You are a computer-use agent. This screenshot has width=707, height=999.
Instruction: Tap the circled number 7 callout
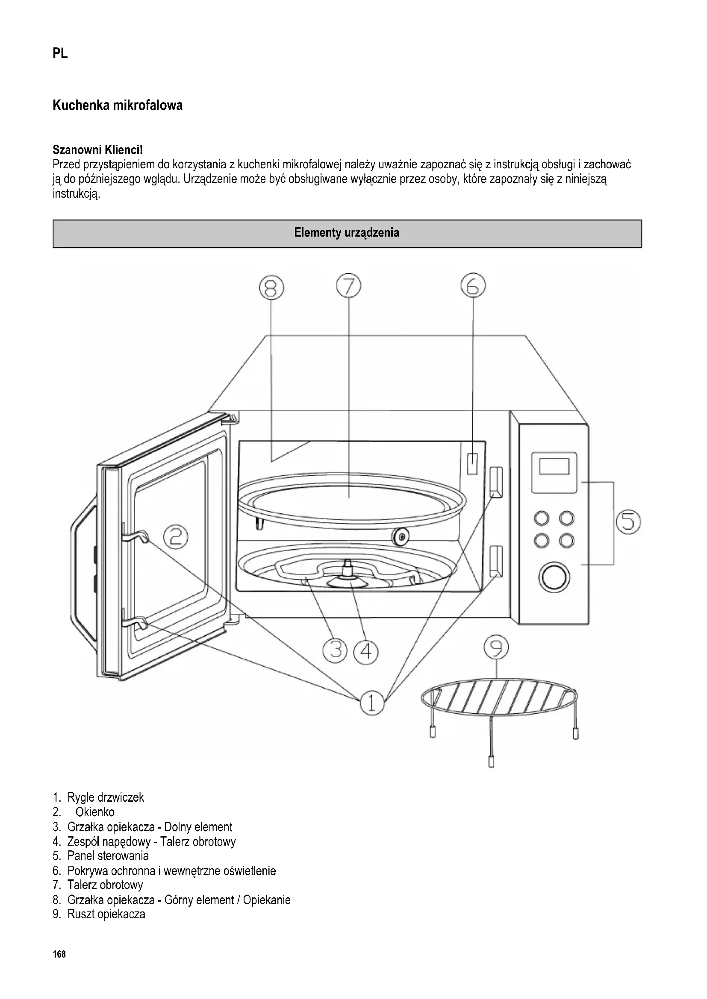click(x=349, y=287)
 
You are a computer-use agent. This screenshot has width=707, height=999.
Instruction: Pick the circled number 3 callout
click(x=335, y=651)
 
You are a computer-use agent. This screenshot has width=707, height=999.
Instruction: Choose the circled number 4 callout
click(x=366, y=651)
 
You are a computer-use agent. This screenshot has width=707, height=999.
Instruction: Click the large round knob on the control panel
click(x=554, y=577)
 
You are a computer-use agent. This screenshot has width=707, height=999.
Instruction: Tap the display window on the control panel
click(x=554, y=466)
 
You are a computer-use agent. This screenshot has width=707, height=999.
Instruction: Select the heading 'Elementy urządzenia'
click(x=347, y=233)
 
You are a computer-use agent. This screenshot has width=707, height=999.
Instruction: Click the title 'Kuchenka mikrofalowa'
click(x=118, y=105)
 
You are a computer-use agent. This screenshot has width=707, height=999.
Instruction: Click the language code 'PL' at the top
click(x=60, y=54)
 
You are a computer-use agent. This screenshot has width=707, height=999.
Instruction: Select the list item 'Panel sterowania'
click(x=108, y=856)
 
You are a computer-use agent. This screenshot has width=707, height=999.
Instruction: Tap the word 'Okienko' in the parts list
click(x=95, y=812)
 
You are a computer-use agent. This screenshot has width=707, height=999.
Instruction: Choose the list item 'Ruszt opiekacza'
click(x=106, y=914)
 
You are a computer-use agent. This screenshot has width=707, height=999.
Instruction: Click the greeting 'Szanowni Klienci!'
click(x=97, y=150)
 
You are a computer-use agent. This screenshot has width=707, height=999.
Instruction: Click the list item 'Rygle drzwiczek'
click(x=105, y=797)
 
